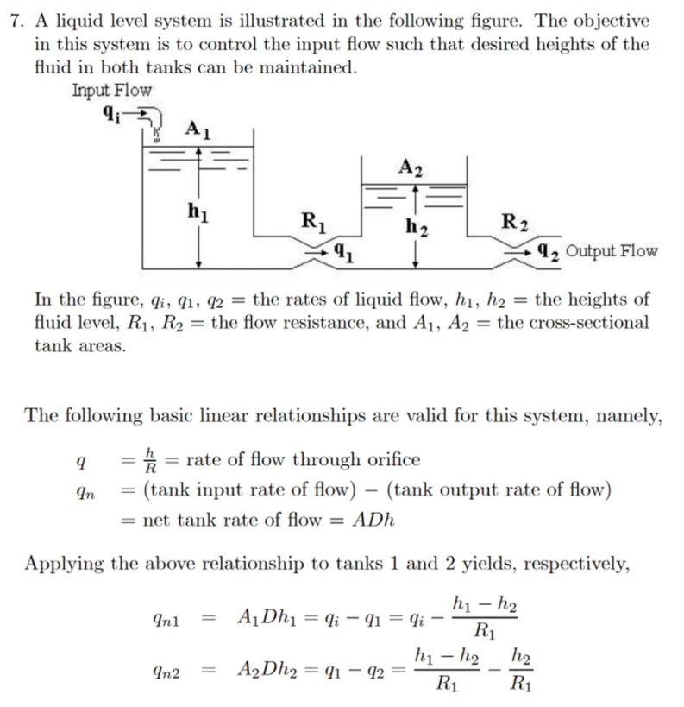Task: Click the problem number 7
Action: click(x=14, y=22)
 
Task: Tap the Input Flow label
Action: click(x=111, y=90)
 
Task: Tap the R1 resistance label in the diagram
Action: click(x=309, y=218)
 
